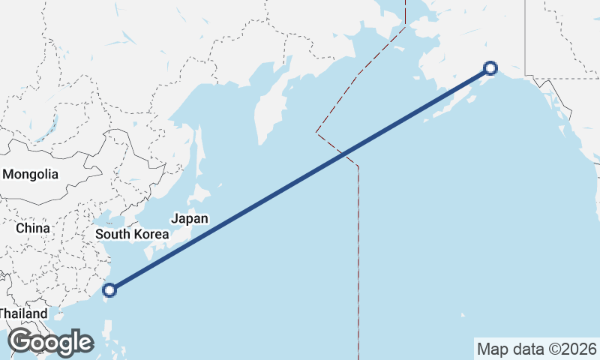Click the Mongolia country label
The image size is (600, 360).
(31, 174)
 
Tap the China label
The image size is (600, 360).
(33, 228)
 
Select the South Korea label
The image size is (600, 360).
(132, 234)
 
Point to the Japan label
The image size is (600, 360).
(189, 218)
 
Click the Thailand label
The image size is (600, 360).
(22, 313)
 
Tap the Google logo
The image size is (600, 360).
(50, 342)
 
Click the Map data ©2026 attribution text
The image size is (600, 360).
(537, 349)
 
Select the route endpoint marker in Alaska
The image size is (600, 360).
(490, 68)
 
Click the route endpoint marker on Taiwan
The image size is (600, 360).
(110, 289)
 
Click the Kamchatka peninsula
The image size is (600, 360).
(266, 112)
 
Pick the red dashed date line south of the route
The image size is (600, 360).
(358, 262)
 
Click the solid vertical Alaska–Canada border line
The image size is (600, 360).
(524, 37)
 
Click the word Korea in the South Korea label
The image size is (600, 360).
(150, 234)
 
